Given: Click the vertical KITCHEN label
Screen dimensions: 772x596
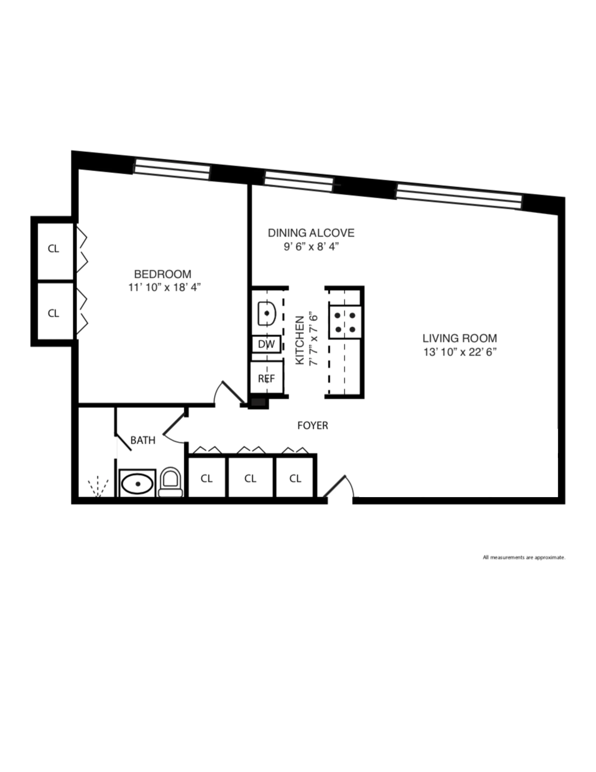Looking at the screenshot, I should pyautogui.click(x=299, y=340).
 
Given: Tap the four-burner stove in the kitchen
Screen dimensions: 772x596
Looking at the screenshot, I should pyautogui.click(x=345, y=322).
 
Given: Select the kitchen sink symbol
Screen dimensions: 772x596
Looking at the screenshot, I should pyautogui.click(x=267, y=313).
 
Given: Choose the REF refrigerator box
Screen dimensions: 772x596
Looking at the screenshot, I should pyautogui.click(x=267, y=378).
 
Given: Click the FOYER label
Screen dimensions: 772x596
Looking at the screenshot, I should pyautogui.click(x=312, y=426).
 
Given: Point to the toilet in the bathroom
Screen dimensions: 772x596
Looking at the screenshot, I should pyautogui.click(x=171, y=483).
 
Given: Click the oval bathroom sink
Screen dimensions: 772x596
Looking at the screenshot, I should pyautogui.click(x=137, y=484).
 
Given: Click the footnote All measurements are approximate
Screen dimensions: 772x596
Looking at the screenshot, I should pyautogui.click(x=524, y=557).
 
